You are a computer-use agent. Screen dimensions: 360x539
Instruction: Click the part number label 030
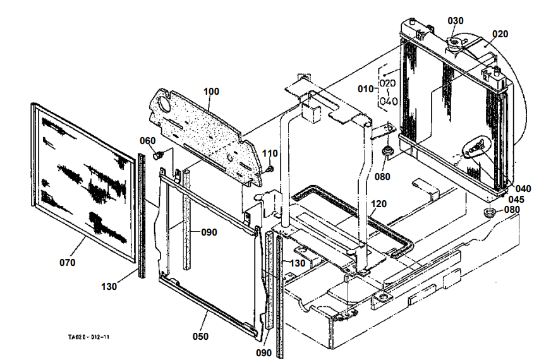point(456,20)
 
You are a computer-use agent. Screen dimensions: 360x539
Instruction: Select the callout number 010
point(366,88)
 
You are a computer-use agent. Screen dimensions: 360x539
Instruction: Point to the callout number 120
point(379,204)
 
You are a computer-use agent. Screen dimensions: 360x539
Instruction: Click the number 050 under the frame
point(200,337)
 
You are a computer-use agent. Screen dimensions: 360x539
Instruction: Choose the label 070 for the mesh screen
point(67,262)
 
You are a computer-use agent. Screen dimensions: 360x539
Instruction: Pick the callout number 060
point(148,141)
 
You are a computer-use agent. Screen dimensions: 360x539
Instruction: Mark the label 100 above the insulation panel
point(211,92)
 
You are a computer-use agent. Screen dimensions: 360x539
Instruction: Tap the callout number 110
point(270,153)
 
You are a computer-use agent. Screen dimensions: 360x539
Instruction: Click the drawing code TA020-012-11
point(94,337)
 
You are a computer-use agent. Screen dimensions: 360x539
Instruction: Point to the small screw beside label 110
point(270,168)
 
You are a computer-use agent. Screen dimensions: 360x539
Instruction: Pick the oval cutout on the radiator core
point(476,147)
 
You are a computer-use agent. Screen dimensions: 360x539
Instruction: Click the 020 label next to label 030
point(500,33)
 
